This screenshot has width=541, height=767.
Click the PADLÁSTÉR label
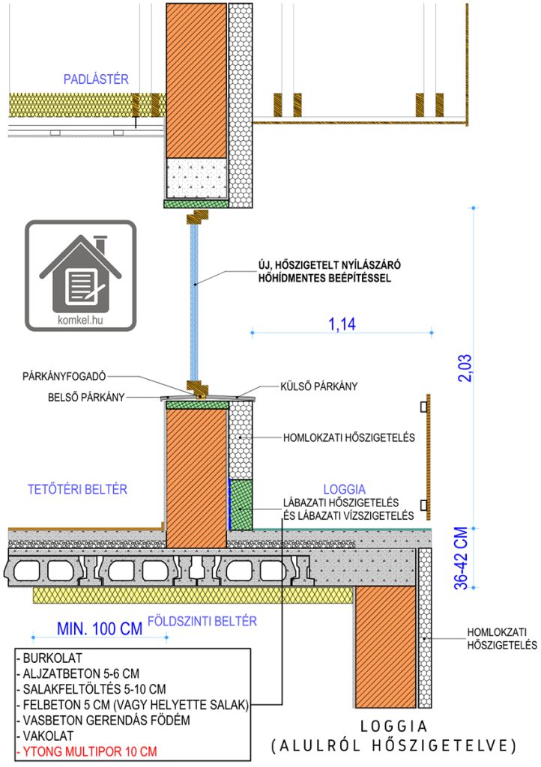coord(96,79)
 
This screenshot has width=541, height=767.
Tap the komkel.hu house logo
coord(81,276)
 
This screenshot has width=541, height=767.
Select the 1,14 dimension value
coord(342,324)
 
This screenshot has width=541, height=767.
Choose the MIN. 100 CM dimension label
coord(100,628)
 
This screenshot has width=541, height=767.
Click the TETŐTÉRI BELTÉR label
coord(77,489)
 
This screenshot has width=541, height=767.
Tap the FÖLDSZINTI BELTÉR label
coord(202,621)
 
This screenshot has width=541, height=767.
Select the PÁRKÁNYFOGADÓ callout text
coord(64,376)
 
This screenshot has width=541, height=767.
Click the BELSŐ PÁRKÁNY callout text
coord(86,397)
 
